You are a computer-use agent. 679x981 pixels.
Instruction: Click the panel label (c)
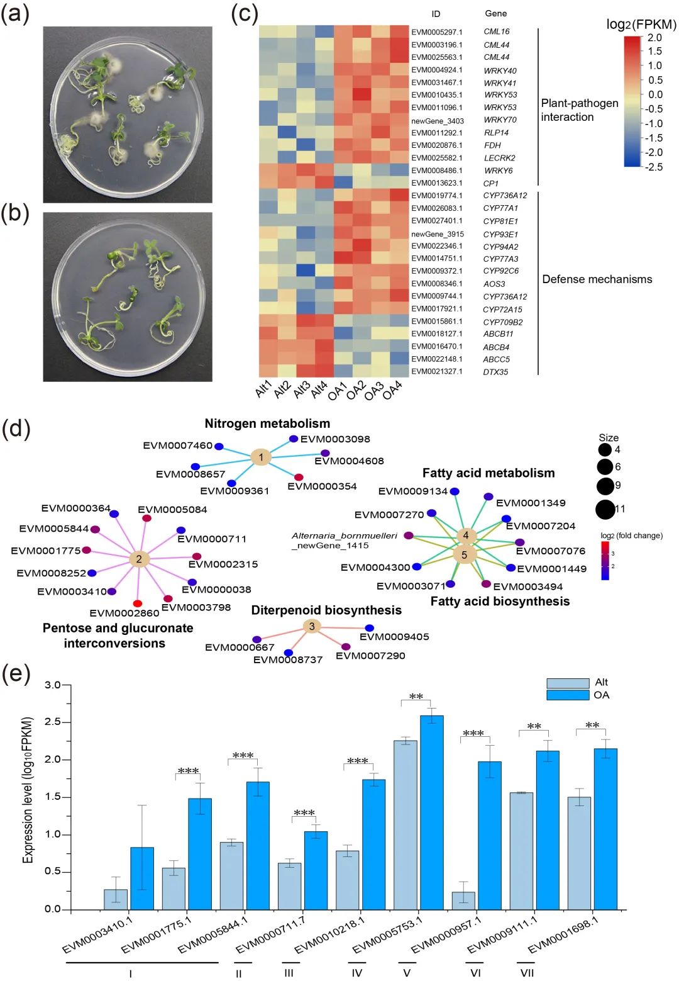(x=245, y=14)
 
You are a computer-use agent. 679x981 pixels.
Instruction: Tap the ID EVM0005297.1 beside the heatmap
(x=436, y=32)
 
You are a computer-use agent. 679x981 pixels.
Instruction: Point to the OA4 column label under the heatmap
(x=393, y=390)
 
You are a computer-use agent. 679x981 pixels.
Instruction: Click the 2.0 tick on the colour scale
(x=654, y=38)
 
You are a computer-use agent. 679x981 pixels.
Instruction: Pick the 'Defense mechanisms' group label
(x=597, y=279)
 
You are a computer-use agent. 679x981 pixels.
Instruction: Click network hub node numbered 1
(x=261, y=457)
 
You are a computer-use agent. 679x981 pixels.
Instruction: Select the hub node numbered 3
(x=312, y=626)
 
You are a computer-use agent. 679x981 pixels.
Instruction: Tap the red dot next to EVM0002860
(x=138, y=603)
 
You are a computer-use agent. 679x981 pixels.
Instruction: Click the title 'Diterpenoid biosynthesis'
(x=326, y=610)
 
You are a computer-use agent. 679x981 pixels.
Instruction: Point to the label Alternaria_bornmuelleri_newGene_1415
(x=344, y=541)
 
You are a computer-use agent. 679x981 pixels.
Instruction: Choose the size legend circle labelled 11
(x=605, y=509)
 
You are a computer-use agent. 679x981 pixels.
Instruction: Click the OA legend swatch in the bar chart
(x=567, y=695)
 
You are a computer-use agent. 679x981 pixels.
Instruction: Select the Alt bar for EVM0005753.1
(x=406, y=825)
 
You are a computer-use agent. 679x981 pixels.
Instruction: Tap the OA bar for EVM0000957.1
(x=490, y=836)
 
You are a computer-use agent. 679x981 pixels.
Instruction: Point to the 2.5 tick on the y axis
(x=53, y=722)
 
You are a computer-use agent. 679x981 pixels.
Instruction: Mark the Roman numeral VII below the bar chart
(x=527, y=973)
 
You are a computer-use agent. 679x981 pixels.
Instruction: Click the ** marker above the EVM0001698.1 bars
(x=592, y=726)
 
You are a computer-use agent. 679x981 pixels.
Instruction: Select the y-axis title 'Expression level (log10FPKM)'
(x=28, y=790)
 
